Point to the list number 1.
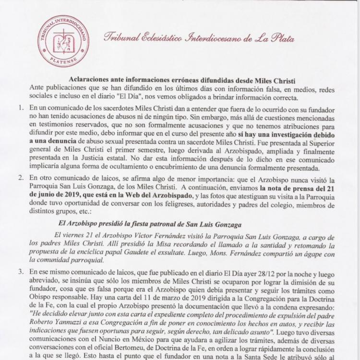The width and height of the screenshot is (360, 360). coord(21,109)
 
